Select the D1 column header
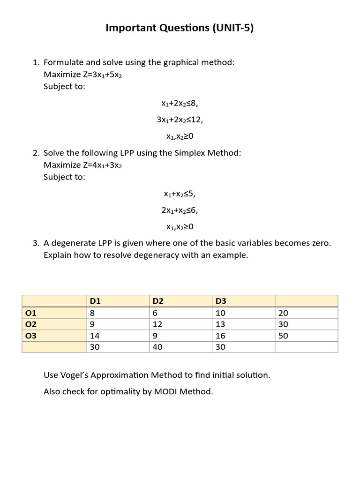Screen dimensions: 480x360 point(94,301)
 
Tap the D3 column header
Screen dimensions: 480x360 point(220,301)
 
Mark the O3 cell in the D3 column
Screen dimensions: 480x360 point(220,336)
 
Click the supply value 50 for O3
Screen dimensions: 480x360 point(283,336)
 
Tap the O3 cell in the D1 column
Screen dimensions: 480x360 point(94,336)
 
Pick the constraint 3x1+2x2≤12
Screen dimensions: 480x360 point(180,120)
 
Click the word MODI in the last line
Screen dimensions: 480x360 point(166,391)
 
